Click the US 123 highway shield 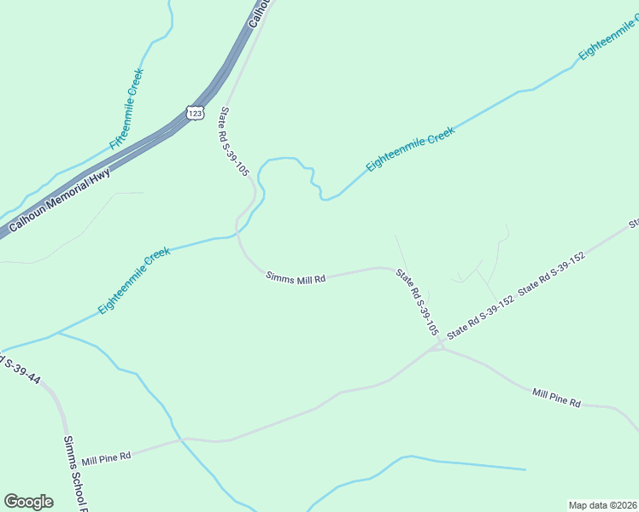coord(195,113)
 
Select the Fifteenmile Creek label coord(126,109)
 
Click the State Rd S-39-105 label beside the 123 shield coord(234,141)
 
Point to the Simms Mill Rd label coord(296,277)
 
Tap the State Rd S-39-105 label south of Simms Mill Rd coord(417,301)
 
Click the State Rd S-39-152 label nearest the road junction coord(479,317)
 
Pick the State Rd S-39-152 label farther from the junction coord(551,273)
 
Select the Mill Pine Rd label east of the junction coord(556,398)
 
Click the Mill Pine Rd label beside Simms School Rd coord(106,458)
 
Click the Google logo coord(28,502)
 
